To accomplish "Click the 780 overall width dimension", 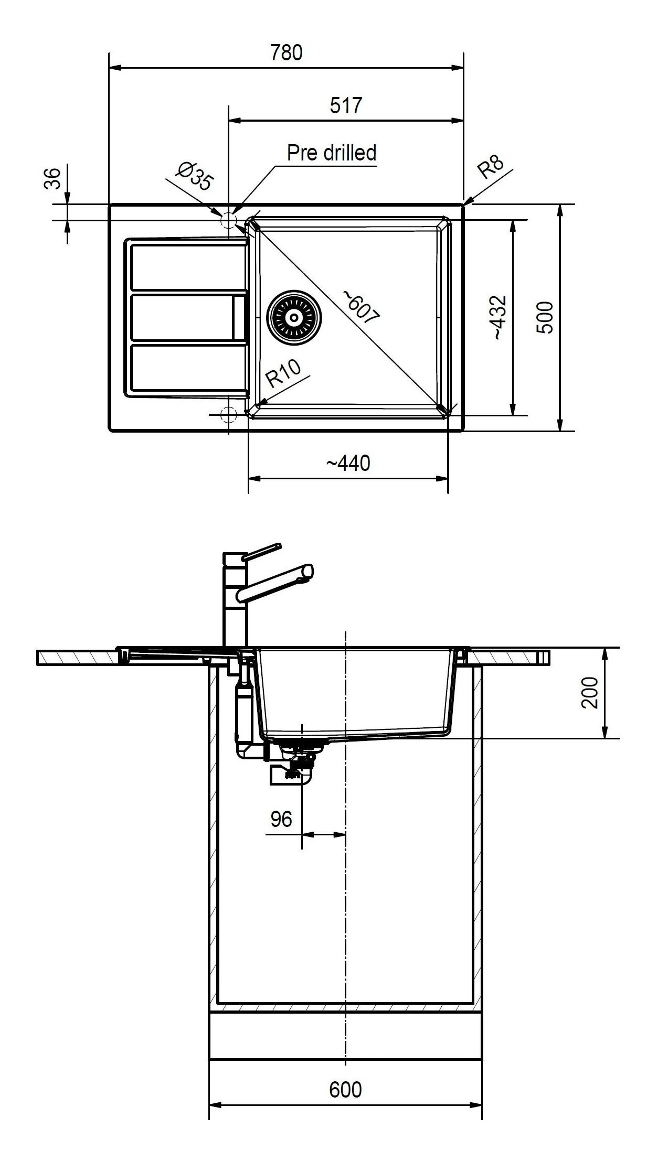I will click(286, 53).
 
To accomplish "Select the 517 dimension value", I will click(346, 106).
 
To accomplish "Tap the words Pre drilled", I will click(331, 153).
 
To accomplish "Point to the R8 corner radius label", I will click(490, 167).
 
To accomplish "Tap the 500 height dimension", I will click(546, 317).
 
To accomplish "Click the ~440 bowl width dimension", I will click(348, 463).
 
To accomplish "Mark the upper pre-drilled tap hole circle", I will click(229, 220).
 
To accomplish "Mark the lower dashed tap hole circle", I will click(229, 414).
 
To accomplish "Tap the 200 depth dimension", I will click(591, 693).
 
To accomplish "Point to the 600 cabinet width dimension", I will click(345, 1090).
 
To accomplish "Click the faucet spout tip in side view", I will click(308, 572).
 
